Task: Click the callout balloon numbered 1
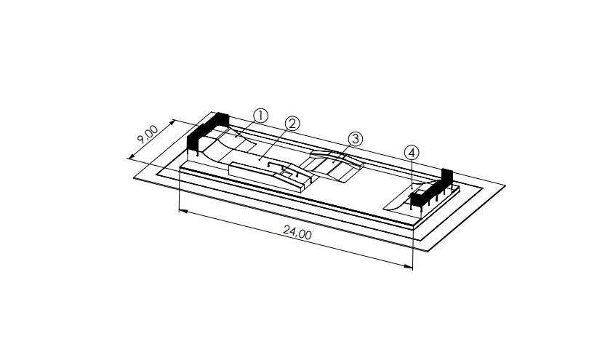tap(260, 116)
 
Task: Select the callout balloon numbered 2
tap(292, 124)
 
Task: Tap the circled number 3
tap(356, 139)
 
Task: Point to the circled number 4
tap(412, 153)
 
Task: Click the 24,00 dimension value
tap(297, 232)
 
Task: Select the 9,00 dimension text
tap(148, 135)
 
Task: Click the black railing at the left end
tap(207, 134)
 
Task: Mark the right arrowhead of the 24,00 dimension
tap(408, 267)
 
